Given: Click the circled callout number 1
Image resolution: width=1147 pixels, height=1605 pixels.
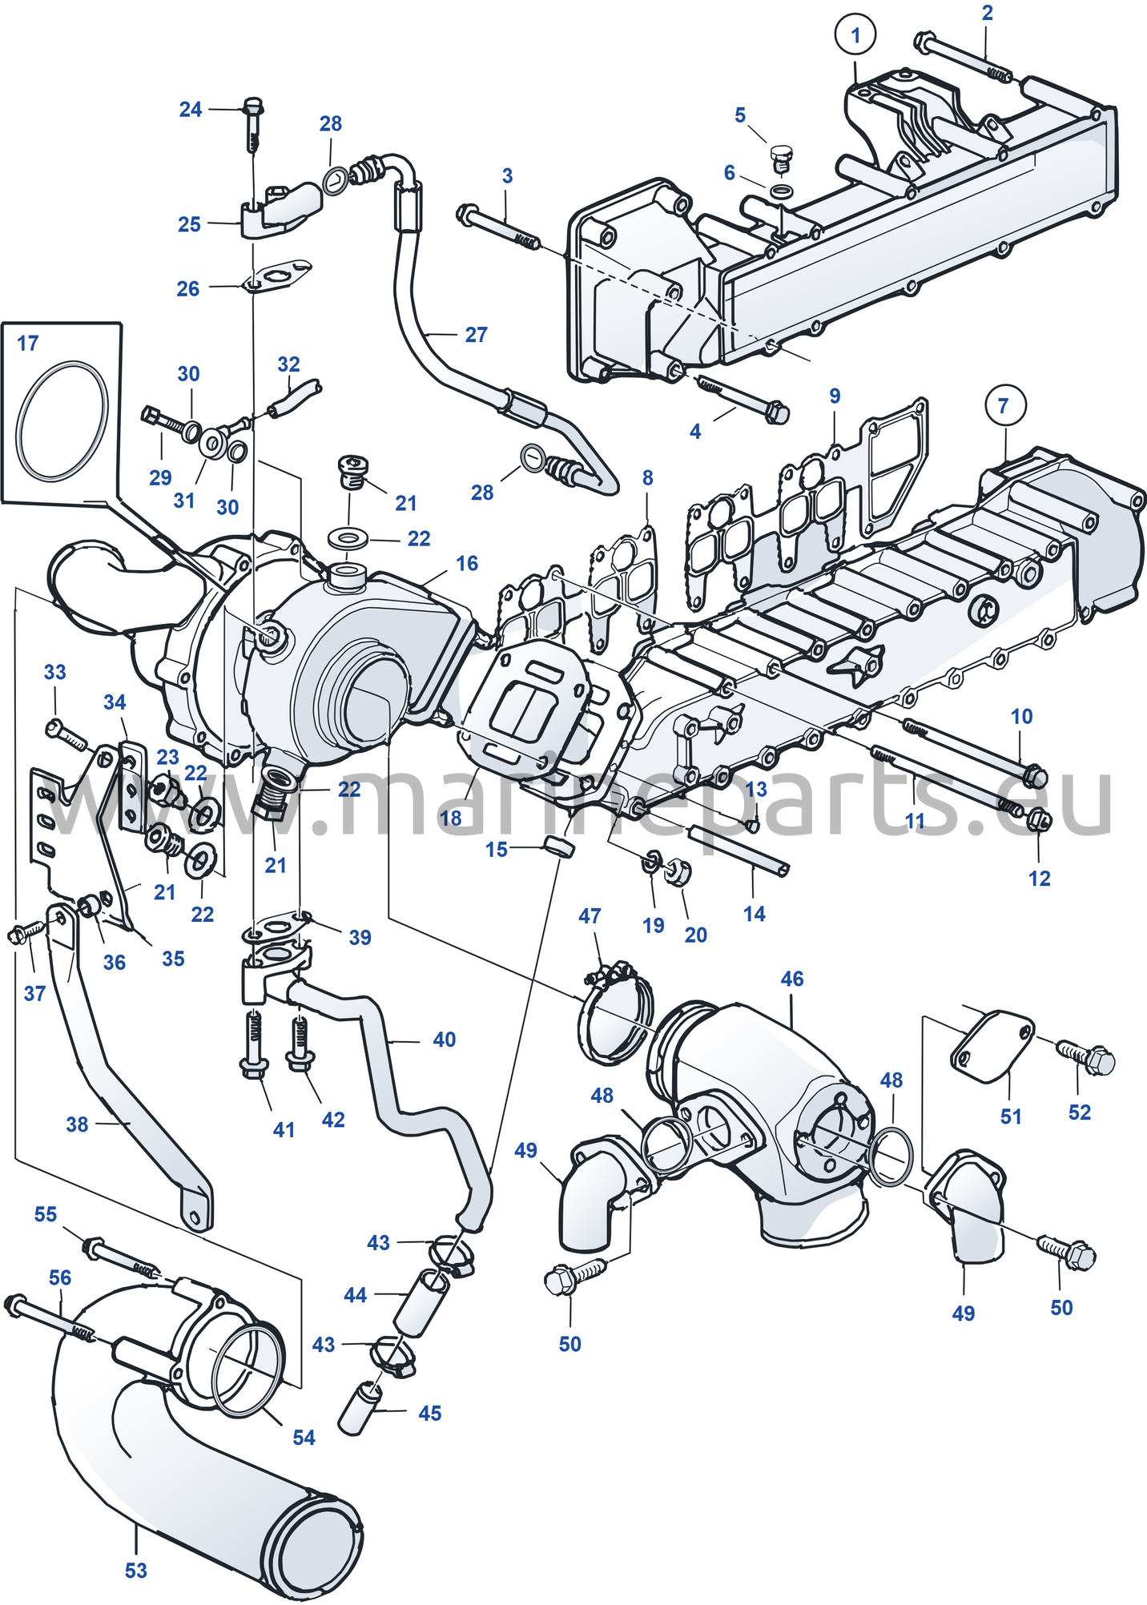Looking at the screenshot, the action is coord(855,35).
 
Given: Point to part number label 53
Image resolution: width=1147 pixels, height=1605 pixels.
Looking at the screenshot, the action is coord(136,1571).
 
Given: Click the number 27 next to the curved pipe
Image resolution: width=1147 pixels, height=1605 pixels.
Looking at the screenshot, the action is coord(476,335).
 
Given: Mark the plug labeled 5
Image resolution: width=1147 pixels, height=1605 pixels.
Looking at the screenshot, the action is coord(780,159).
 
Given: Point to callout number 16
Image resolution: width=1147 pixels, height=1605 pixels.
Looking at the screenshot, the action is coord(467,564).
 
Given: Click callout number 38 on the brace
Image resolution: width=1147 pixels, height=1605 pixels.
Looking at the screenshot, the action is coord(77,1124).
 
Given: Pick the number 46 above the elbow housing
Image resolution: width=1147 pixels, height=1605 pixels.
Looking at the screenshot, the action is coord(792,979).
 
